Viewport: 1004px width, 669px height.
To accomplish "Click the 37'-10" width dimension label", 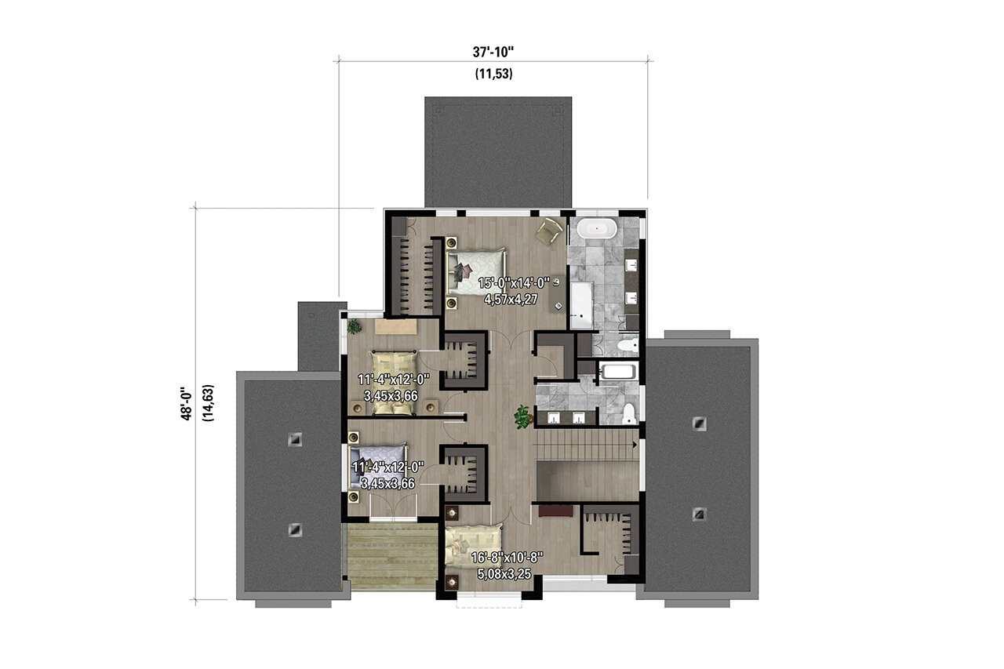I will pyautogui.click(x=493, y=53).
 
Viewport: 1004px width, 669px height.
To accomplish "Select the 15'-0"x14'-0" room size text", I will pyautogui.click(x=515, y=283).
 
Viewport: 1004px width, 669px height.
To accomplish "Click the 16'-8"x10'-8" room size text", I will pyautogui.click(x=507, y=558).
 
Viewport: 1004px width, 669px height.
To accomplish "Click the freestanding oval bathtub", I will pyautogui.click(x=595, y=230).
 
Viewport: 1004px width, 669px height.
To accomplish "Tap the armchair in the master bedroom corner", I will pyautogui.click(x=549, y=230).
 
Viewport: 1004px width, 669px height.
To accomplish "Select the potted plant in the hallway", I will pyautogui.click(x=522, y=416).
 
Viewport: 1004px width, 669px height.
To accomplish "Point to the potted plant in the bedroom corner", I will pyautogui.click(x=355, y=325).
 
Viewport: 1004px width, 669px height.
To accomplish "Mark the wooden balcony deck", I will pyautogui.click(x=392, y=556).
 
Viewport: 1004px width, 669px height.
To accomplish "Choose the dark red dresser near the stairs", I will pyautogui.click(x=555, y=511).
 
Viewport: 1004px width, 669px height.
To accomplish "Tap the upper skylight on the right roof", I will pyautogui.click(x=698, y=424).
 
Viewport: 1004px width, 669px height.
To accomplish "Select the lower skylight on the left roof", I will pyautogui.click(x=295, y=529).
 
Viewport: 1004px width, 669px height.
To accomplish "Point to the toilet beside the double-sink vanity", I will pyautogui.click(x=630, y=413).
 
